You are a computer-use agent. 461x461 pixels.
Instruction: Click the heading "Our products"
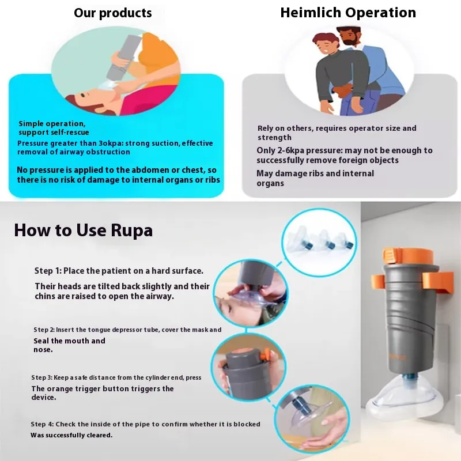[x=113, y=13]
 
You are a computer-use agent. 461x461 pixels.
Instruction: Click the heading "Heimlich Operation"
[x=348, y=13]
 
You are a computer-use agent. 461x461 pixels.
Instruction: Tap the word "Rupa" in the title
[x=132, y=230]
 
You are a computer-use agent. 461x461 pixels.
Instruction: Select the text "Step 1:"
[x=48, y=271]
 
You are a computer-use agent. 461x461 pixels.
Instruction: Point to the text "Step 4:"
[x=42, y=424]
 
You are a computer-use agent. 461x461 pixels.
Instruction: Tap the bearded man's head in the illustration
[x=349, y=36]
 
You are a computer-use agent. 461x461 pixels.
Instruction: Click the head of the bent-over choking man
[x=326, y=45]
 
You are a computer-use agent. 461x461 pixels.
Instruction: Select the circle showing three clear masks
[x=319, y=242]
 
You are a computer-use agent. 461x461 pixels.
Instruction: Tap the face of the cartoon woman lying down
[x=86, y=97]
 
